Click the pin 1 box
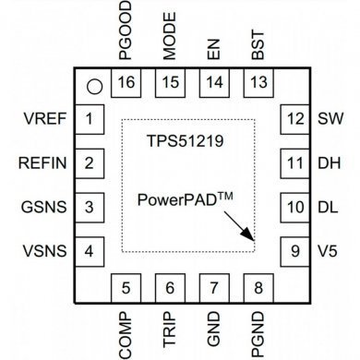pos(89,119)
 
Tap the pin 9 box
pos(294,248)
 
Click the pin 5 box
pos(126,287)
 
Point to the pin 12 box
pos(294,119)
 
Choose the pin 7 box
pos(214,287)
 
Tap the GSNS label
pos(43,206)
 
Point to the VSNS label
pos(43,249)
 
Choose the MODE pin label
pos(170,40)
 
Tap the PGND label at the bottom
pos(258,328)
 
